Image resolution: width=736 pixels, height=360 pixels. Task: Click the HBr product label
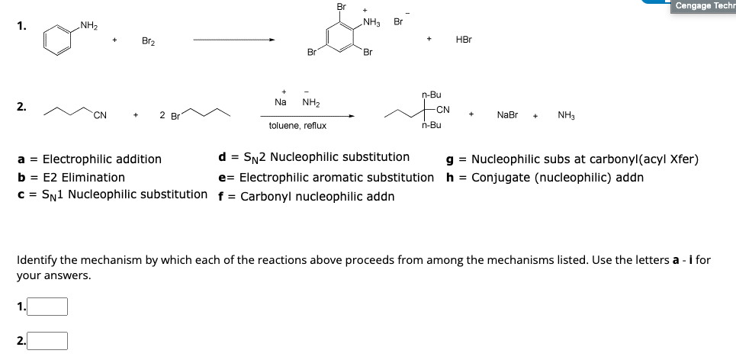pyautogui.click(x=463, y=39)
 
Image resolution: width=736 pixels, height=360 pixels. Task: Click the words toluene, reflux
pyautogui.click(x=297, y=126)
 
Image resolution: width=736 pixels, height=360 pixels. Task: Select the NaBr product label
pyautogui.click(x=507, y=115)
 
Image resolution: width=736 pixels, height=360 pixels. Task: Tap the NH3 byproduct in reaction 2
pyautogui.click(x=567, y=115)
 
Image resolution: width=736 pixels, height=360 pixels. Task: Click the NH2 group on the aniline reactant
pyautogui.click(x=88, y=27)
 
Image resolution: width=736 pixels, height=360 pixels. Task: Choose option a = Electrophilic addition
pyautogui.click(x=90, y=159)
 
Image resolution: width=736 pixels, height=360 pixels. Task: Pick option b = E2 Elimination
pyautogui.click(x=72, y=177)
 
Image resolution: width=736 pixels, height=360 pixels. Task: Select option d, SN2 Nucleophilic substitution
pyautogui.click(x=313, y=158)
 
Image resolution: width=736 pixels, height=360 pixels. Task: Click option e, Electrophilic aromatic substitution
pyautogui.click(x=326, y=177)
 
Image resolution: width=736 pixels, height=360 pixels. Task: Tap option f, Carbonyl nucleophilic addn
pyautogui.click(x=307, y=196)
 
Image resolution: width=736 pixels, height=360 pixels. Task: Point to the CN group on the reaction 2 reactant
pyautogui.click(x=100, y=116)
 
